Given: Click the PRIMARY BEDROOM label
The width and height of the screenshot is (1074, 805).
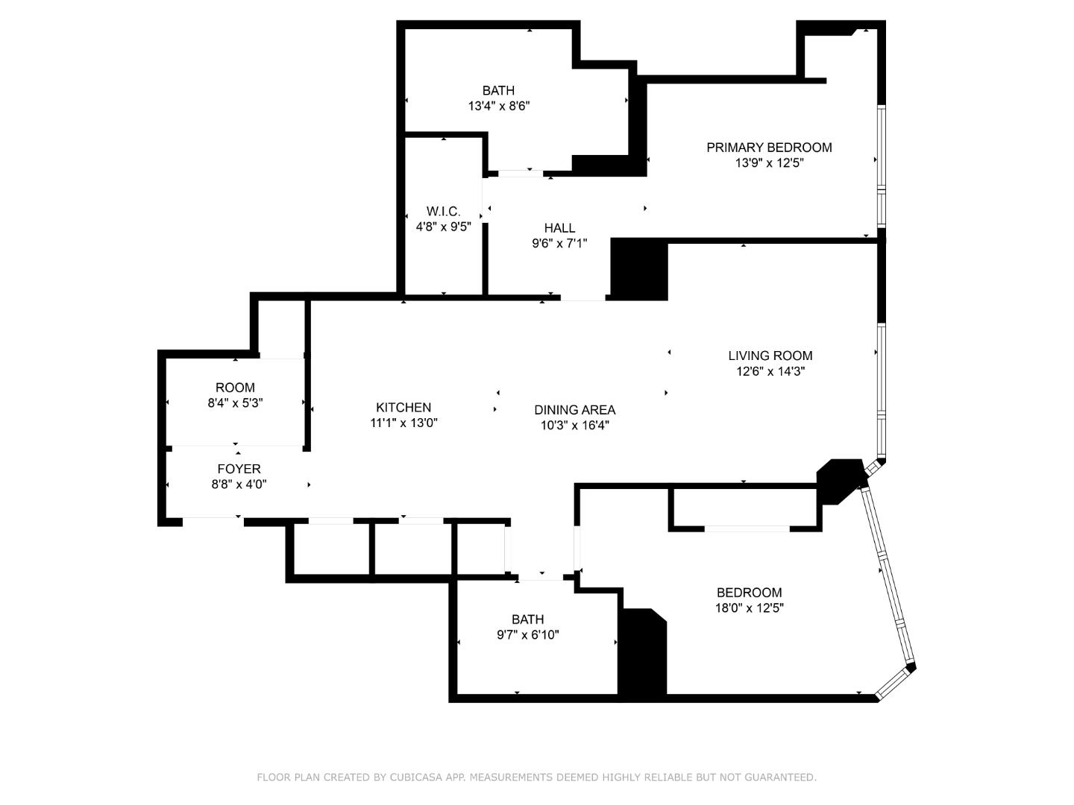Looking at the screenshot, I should [x=769, y=148].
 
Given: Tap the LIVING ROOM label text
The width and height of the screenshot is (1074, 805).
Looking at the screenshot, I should [x=770, y=356].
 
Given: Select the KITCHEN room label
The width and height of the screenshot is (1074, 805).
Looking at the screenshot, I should [x=403, y=408].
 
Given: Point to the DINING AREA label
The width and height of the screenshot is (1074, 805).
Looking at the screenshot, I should [x=574, y=410].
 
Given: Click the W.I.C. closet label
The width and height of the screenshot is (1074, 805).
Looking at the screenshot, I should [x=443, y=212].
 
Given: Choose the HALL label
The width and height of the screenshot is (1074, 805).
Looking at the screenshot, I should [x=559, y=228].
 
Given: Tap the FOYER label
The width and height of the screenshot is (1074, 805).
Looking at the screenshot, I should [x=239, y=469].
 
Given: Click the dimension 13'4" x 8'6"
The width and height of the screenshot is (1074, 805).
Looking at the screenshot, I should [x=498, y=106].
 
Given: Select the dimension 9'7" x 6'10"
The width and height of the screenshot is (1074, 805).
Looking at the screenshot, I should [x=527, y=635].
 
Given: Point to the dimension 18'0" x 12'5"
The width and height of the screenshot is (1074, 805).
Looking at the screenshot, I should [x=749, y=607].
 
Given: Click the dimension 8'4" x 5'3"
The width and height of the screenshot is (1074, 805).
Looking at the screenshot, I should [x=235, y=403].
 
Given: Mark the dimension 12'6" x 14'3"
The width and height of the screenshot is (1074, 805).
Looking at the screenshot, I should [x=770, y=371].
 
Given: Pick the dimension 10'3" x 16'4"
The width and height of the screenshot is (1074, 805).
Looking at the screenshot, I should [x=574, y=426].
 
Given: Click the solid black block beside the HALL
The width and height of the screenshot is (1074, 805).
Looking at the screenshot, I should [x=639, y=270].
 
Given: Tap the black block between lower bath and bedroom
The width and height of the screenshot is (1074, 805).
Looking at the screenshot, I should [x=643, y=654].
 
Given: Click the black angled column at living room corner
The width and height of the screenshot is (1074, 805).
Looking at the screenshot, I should [x=838, y=480].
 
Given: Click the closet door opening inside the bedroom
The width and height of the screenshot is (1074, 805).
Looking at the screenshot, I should [x=747, y=528].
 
